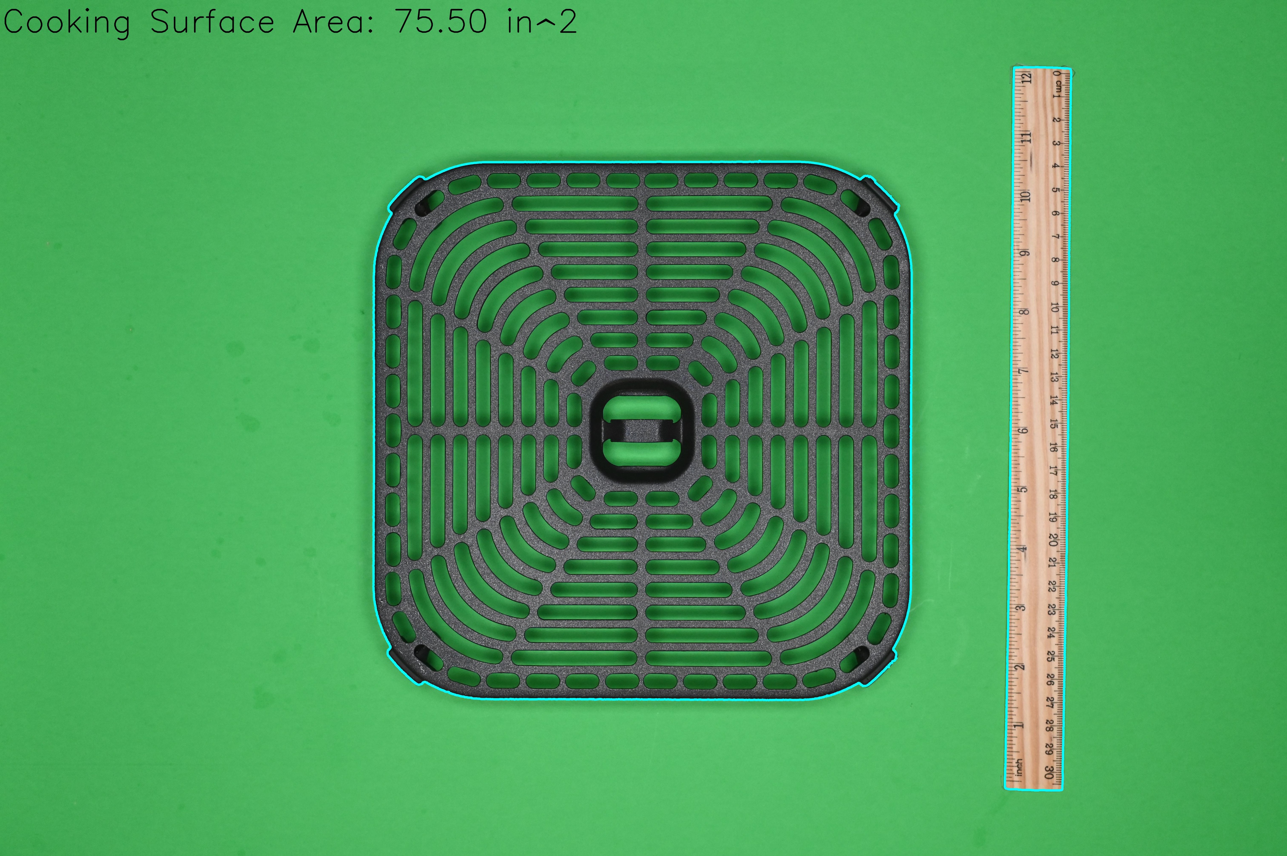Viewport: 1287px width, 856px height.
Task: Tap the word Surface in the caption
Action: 212,22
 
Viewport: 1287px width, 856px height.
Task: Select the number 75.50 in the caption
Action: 441,22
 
